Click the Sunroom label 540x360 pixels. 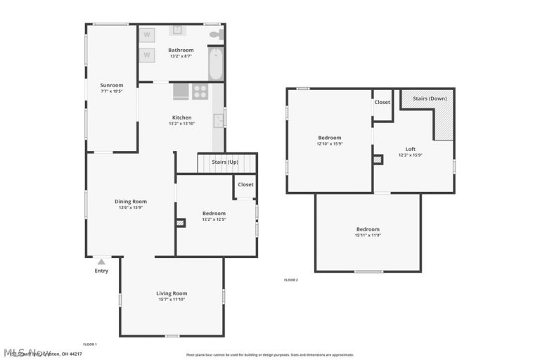[x=111, y=85]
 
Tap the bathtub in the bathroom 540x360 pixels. [x=216, y=64]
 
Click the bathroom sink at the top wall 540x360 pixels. [x=177, y=30]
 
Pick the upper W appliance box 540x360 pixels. [x=147, y=34]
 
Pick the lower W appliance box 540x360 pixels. [x=147, y=54]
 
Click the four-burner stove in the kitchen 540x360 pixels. [x=200, y=91]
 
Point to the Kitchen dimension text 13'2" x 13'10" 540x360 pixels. [x=181, y=124]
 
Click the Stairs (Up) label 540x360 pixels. [x=224, y=162]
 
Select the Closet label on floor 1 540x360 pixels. [x=245, y=185]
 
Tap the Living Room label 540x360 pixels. [x=172, y=293]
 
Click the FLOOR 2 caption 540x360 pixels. [x=291, y=280]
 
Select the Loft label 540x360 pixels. [x=411, y=149]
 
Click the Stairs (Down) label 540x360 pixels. [x=429, y=98]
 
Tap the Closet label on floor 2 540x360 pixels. [x=382, y=102]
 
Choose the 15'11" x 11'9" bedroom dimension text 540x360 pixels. [x=368, y=236]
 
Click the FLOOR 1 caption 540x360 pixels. [x=90, y=344]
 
